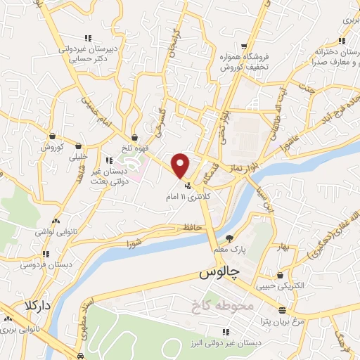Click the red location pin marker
point(181,165)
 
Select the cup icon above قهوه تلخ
point(134,138)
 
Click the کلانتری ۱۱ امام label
point(188,196)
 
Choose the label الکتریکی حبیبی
point(281,285)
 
